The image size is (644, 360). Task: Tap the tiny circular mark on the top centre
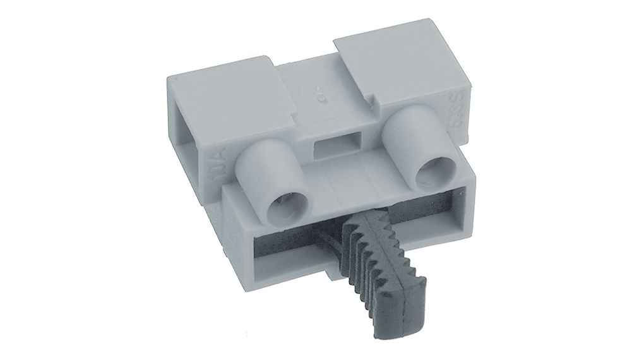320,97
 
